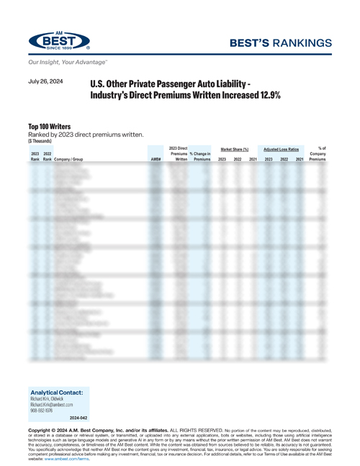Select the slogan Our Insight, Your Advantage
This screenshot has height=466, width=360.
[63, 63]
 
